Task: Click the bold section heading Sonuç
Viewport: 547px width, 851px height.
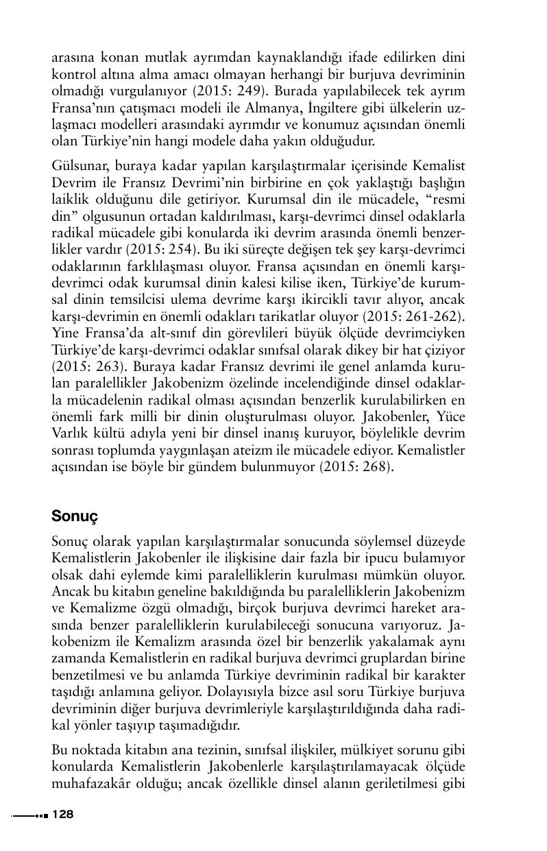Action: (x=75, y=516)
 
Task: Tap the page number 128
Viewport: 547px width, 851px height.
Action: (x=62, y=814)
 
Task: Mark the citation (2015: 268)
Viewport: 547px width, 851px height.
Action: (x=355, y=467)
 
